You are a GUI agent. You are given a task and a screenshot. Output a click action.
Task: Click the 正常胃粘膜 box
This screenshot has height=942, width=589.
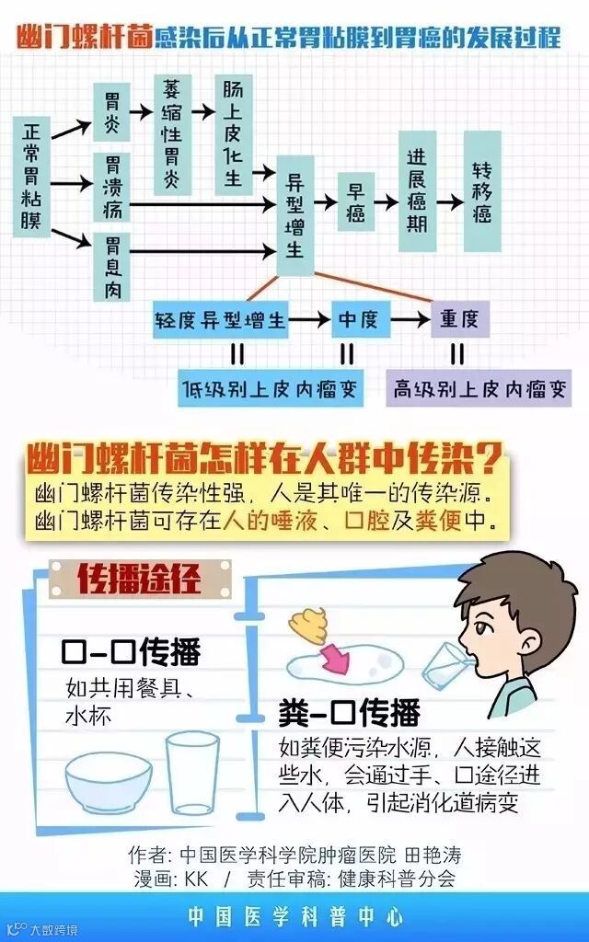click(x=31, y=175)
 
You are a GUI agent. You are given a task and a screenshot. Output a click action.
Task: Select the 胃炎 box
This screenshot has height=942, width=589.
click(x=112, y=109)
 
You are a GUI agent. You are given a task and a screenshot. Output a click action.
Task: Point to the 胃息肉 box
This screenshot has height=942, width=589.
click(x=112, y=267)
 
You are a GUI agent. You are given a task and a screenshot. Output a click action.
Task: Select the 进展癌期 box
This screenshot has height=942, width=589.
click(x=417, y=190)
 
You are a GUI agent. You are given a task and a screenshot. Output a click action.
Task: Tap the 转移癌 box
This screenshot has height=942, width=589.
click(x=482, y=191)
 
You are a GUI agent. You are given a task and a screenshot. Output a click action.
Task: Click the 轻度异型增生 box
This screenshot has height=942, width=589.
click(x=220, y=319)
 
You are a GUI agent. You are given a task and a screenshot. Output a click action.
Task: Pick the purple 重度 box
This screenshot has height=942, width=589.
click(x=458, y=319)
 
